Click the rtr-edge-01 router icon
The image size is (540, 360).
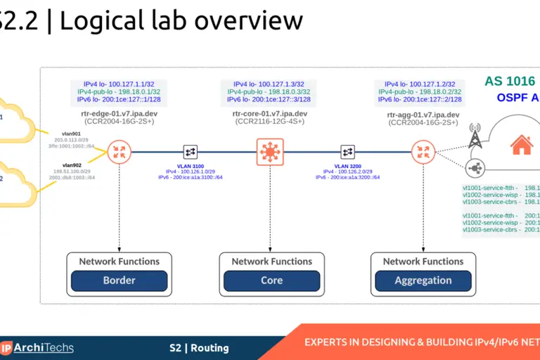point(120,151)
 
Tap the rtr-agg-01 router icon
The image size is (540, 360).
point(423,151)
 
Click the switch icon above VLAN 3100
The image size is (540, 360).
point(190,151)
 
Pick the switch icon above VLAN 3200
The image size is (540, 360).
point(347,151)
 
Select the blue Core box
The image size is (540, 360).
point(271,280)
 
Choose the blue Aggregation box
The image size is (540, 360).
point(423,280)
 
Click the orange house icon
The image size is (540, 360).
point(521,146)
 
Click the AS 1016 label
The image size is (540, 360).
point(510,81)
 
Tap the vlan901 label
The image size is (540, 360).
point(71,133)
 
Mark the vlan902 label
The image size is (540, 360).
point(72,165)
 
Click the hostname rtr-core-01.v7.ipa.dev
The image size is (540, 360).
point(269,113)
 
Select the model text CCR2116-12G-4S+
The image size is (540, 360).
point(269,122)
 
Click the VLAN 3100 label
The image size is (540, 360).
point(190,165)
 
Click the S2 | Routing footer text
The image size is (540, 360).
point(199,347)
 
